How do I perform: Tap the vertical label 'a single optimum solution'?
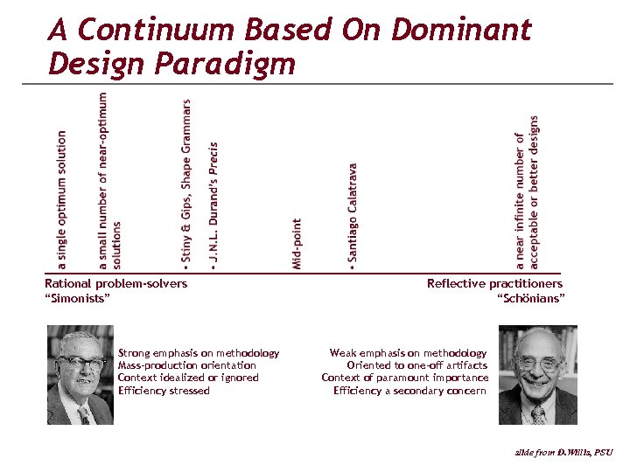pos(61,199)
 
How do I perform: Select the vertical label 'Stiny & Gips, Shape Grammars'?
pos(185,181)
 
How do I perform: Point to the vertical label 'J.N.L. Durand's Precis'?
pos(213,204)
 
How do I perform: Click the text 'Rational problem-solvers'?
pos(115,283)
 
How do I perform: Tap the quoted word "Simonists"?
pos(77,299)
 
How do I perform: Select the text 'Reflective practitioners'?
pos(494,283)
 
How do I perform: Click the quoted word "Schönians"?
pos(531,299)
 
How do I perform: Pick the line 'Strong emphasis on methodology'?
pos(199,353)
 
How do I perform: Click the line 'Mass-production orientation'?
pos(187,365)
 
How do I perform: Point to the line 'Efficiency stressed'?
pos(164,391)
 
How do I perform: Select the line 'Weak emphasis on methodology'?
pos(408,353)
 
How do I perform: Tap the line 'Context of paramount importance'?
pos(404,378)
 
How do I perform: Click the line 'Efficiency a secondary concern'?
pos(410,391)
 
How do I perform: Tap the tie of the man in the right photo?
pos(537,413)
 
